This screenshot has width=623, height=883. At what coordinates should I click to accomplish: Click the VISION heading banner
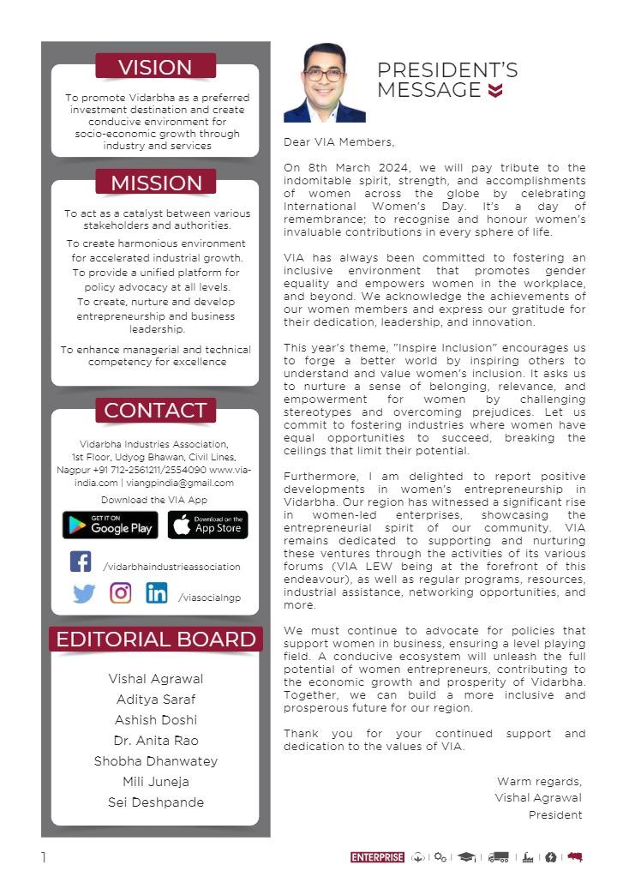point(155,67)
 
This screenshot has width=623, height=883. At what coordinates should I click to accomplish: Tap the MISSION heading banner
point(156,183)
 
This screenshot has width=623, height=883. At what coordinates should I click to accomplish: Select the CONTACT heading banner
point(155,410)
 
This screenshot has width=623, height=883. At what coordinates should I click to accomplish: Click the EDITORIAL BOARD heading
point(156,640)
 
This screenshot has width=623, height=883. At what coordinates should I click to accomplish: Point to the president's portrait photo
point(325,83)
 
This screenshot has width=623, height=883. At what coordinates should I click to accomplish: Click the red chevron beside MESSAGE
point(495,91)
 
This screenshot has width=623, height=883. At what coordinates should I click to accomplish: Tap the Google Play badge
point(110,525)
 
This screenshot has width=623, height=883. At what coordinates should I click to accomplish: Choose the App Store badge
point(207,525)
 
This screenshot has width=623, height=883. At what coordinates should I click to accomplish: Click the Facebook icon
point(81,562)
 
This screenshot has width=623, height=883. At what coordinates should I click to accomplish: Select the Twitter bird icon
point(84,593)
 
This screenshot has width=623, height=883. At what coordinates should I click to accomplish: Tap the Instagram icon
point(121,592)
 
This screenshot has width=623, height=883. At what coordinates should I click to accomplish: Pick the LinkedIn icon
point(157,592)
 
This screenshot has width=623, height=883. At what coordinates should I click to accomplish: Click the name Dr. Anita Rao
point(156,741)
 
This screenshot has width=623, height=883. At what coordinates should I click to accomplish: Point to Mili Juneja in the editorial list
point(156,782)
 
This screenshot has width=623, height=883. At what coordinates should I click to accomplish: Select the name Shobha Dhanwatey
point(156,761)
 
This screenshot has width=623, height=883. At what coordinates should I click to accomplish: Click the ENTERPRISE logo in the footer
point(377,857)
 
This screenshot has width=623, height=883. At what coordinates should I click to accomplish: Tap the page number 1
point(44,857)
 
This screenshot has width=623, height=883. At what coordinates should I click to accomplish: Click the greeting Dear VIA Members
point(339,142)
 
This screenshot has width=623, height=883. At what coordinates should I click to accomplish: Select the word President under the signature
point(554,815)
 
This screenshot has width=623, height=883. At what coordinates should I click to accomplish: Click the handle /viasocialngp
point(210,598)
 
